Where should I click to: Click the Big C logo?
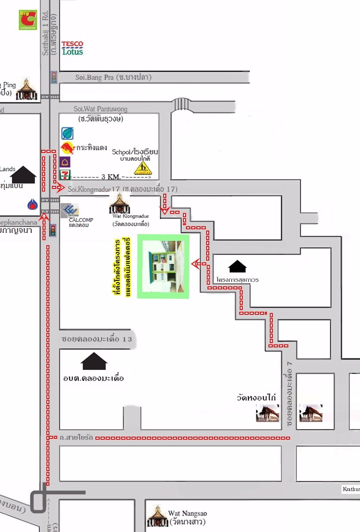coord(28,20)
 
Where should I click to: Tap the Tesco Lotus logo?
coord(72,48)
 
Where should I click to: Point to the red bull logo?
coord(67,149)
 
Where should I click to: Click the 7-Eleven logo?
coord(66,175)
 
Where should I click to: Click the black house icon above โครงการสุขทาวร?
coord(238,267)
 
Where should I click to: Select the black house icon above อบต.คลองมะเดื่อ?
coord(94,361)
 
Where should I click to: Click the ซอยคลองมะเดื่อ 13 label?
coord(97,339)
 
